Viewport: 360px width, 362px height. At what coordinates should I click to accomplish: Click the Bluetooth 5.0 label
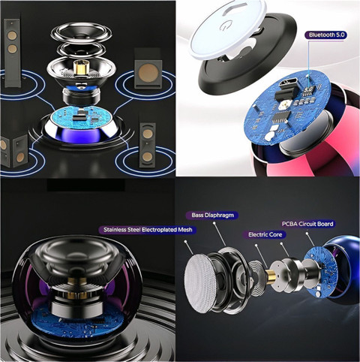coord(325,35)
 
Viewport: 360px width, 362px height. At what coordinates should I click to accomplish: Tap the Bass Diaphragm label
coord(212,216)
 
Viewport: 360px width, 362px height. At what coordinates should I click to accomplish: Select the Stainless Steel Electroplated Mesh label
coord(148,230)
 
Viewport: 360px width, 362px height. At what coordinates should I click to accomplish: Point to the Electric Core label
coord(265,234)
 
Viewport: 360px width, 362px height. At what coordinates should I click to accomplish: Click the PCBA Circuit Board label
coord(307,224)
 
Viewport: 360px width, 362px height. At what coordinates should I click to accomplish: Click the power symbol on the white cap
coord(223,26)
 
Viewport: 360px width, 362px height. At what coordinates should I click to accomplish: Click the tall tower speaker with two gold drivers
coord(12,53)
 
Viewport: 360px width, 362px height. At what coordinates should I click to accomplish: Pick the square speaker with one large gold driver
coord(147,70)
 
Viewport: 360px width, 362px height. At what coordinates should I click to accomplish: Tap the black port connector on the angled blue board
coord(284,89)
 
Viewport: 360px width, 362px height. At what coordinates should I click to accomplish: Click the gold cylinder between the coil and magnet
coord(271,276)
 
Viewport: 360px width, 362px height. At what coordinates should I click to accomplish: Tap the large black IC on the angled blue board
coord(281,117)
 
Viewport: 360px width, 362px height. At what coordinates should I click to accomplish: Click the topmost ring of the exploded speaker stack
coord(82,33)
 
